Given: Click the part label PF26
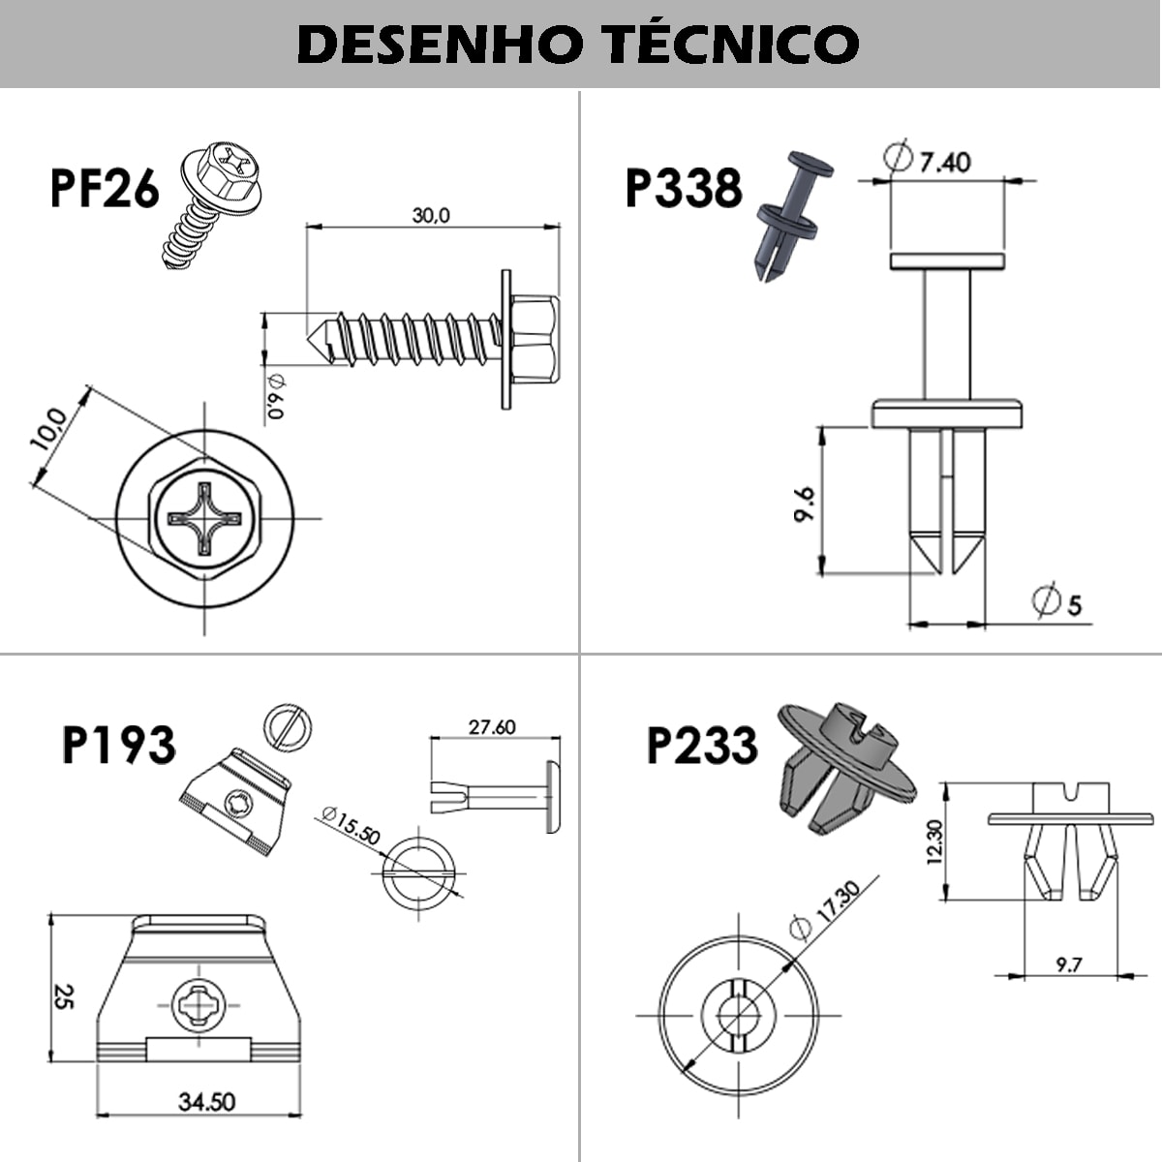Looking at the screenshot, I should (104, 188).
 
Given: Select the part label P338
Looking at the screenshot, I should (683, 188).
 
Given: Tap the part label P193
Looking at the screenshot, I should (118, 745).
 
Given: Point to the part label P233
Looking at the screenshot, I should (702, 746).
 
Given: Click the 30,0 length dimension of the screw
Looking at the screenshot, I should (431, 215).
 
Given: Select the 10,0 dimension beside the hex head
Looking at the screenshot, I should (48, 430).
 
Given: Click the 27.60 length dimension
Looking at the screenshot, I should (492, 726).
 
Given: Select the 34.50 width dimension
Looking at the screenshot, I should (207, 1101).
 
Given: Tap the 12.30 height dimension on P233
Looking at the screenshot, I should (933, 841).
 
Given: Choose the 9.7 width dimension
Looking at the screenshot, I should (1069, 964).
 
